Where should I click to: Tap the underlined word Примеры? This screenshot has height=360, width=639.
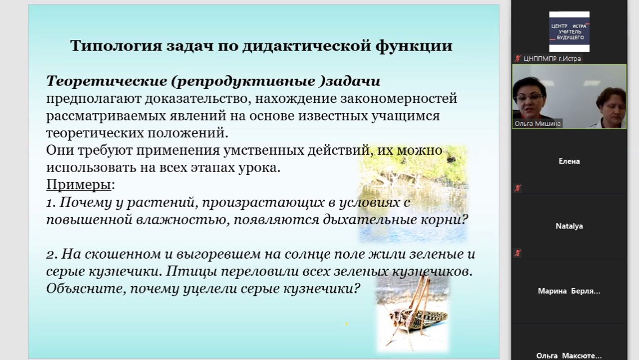[79, 184]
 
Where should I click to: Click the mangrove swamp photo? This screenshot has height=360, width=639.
[413, 191]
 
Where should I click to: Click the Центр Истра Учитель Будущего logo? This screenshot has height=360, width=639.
[569, 31]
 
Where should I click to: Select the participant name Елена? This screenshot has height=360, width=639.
[569, 161]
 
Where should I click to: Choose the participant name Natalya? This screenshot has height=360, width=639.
[569, 226]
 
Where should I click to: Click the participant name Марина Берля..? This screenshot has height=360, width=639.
[569, 291]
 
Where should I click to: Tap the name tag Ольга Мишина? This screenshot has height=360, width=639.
[537, 124]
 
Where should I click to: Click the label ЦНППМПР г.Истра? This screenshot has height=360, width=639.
[552, 58]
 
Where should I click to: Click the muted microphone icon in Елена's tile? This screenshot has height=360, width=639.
[517, 188]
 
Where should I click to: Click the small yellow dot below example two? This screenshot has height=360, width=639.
[346, 323]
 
